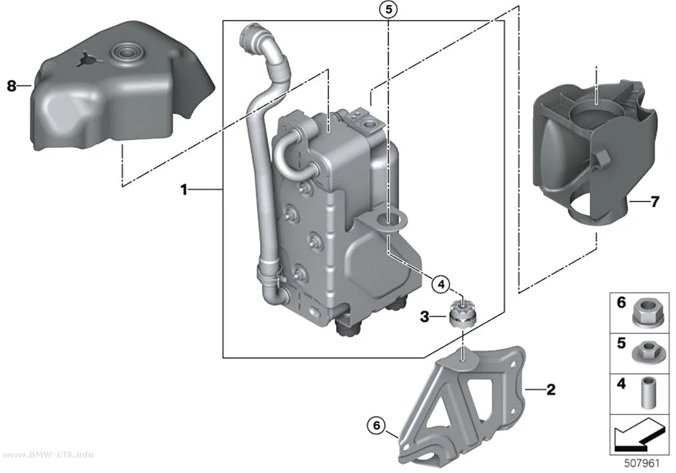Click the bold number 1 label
pyautogui.click(x=184, y=190)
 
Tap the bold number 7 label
pyautogui.click(x=655, y=201)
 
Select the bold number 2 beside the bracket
pyautogui.click(x=550, y=389)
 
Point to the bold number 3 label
pyautogui.click(x=425, y=317)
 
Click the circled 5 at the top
pyautogui.click(x=388, y=9)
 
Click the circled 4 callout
pyautogui.click(x=440, y=284)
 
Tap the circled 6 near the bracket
pyautogui.click(x=377, y=425)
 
